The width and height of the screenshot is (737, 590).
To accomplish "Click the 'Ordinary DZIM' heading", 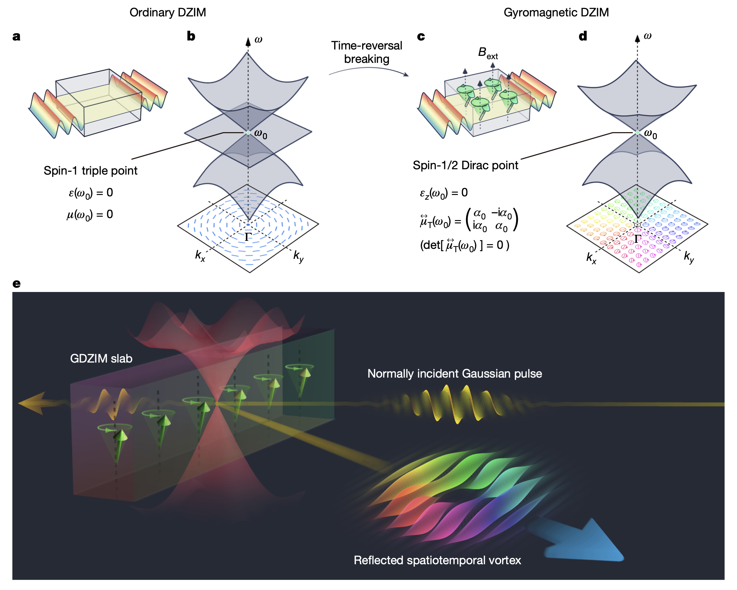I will [x=167, y=12].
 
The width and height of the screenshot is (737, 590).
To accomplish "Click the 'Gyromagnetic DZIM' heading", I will [x=556, y=12].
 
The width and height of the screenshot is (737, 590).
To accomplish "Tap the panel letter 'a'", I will [x=16, y=36].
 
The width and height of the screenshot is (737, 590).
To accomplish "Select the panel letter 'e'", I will [x=16, y=283].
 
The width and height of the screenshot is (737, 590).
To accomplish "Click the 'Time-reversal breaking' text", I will [x=366, y=52].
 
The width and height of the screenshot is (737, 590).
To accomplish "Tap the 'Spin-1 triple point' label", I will [x=90, y=171].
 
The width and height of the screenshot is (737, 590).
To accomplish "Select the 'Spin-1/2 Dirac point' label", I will [x=465, y=165].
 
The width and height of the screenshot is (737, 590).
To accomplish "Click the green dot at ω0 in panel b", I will [x=248, y=132].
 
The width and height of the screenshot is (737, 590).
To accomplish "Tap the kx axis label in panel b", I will [x=200, y=255].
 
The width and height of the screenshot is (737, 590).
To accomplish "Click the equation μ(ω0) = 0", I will [x=90, y=215].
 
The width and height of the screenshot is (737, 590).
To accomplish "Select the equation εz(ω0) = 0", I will [x=443, y=193].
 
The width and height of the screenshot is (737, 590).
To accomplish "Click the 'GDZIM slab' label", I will [x=101, y=358].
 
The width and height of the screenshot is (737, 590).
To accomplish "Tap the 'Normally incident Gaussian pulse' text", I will [x=454, y=373].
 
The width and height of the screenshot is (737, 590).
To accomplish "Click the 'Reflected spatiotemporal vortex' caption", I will [x=437, y=560].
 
